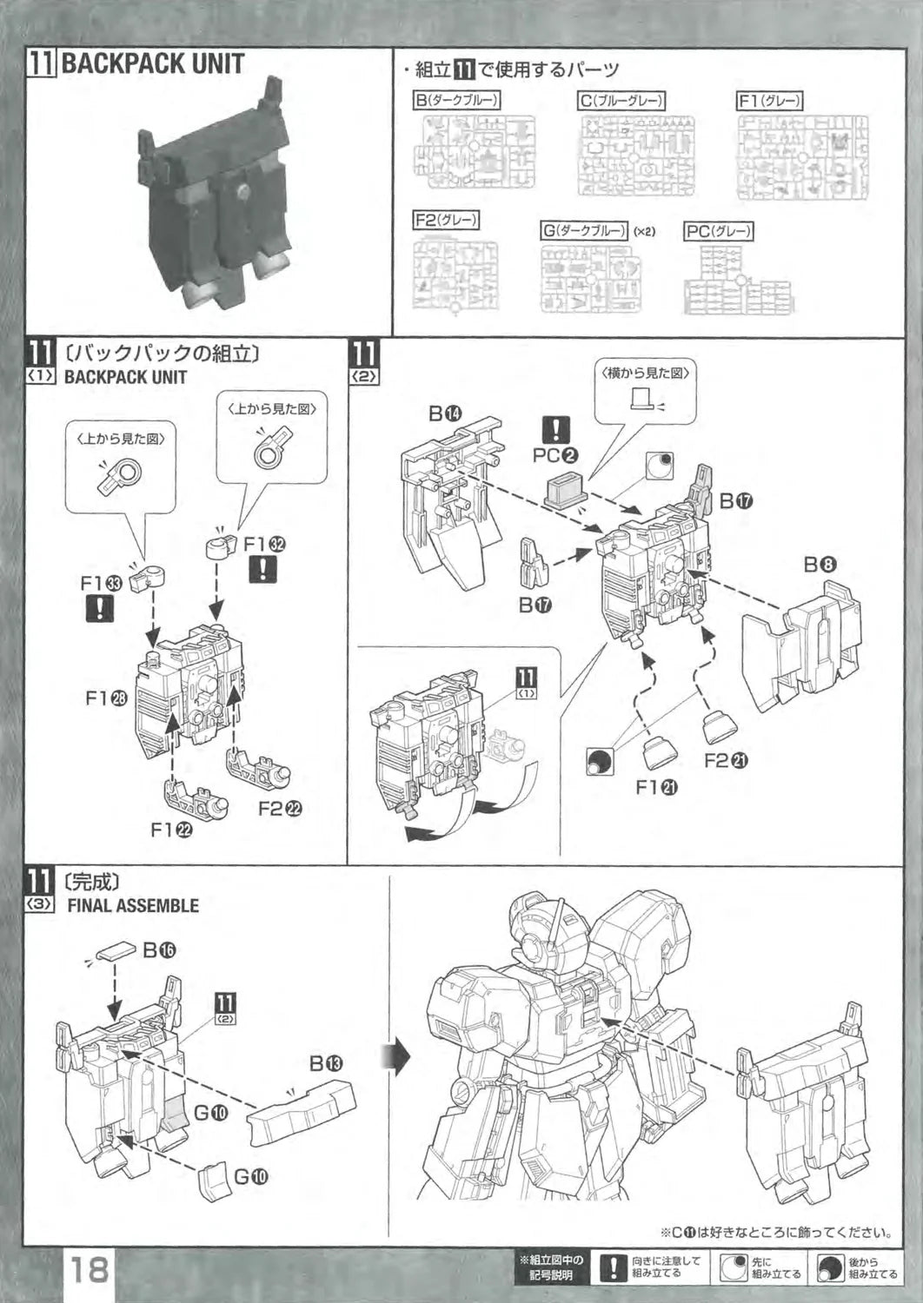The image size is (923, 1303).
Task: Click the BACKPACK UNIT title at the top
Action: [152, 63]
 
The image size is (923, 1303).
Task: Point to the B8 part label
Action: [820, 565]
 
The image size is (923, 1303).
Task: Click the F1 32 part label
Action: [265, 544]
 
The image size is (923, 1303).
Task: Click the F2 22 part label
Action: [280, 808]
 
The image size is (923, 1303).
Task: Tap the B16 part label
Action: [159, 950]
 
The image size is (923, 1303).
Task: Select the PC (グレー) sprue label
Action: [719, 231]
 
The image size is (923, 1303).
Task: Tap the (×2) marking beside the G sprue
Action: [644, 232]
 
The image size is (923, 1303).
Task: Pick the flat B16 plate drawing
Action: [114, 952]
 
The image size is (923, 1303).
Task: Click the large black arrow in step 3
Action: [395, 1059]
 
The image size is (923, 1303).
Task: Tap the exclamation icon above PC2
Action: [555, 429]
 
